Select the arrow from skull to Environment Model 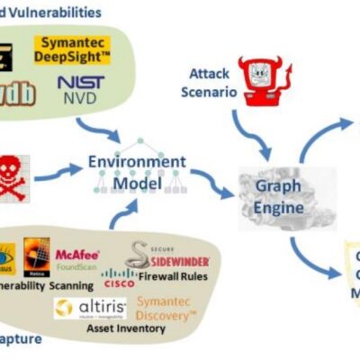click(x=56, y=168)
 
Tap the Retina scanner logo click(x=35, y=255)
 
